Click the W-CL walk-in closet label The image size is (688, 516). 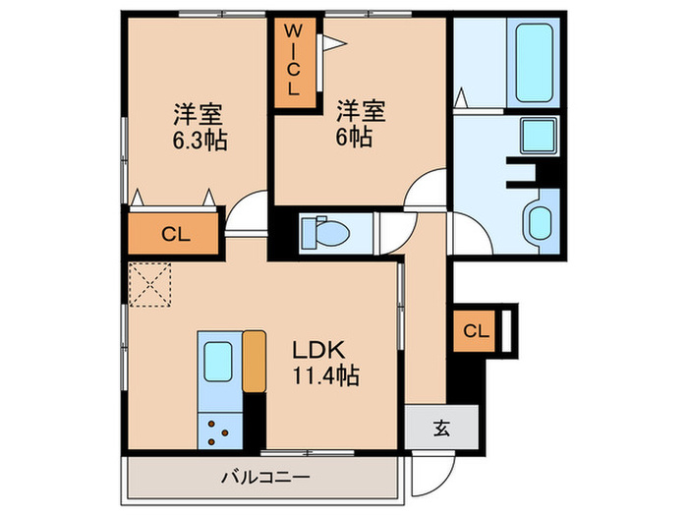294,60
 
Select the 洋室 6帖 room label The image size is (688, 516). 356,124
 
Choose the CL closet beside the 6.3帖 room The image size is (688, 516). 175,234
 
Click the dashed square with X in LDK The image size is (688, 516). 149,286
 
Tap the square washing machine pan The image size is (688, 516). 539,135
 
